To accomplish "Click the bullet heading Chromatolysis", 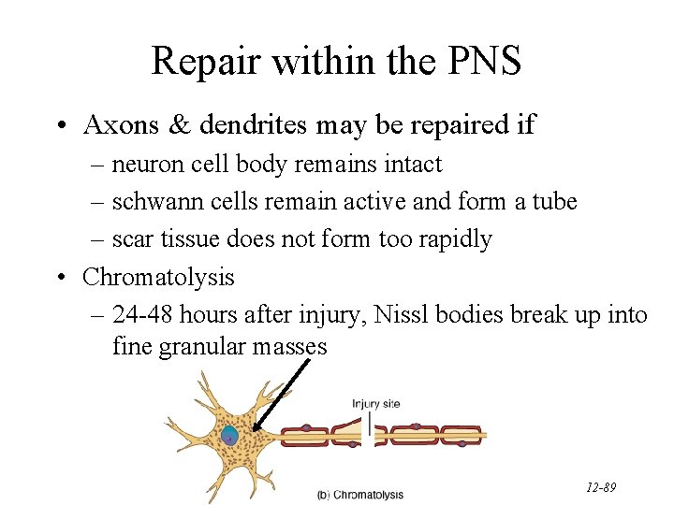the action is (x=158, y=277).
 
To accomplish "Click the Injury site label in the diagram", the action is (x=376, y=404).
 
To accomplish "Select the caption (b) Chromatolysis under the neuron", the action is (x=360, y=494).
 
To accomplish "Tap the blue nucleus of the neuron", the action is (x=230, y=435).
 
